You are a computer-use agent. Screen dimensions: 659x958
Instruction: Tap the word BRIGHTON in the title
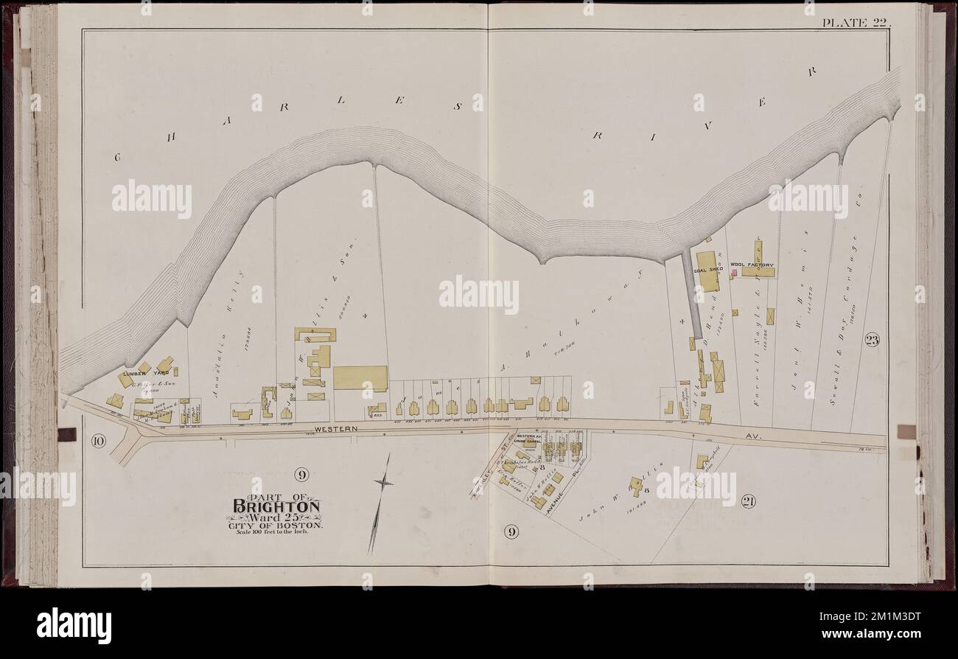point(277,506)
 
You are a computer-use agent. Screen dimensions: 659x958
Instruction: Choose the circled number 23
point(871,340)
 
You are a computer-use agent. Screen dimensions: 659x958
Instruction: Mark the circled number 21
point(749,502)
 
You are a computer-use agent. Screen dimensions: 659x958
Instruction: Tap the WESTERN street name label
point(335,428)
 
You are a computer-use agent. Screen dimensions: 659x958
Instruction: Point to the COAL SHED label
point(707,270)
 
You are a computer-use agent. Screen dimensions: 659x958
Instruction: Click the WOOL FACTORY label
point(752,264)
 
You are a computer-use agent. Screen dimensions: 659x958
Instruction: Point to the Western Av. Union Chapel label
point(529,439)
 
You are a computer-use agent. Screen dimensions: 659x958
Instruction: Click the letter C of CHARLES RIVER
point(117,157)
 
